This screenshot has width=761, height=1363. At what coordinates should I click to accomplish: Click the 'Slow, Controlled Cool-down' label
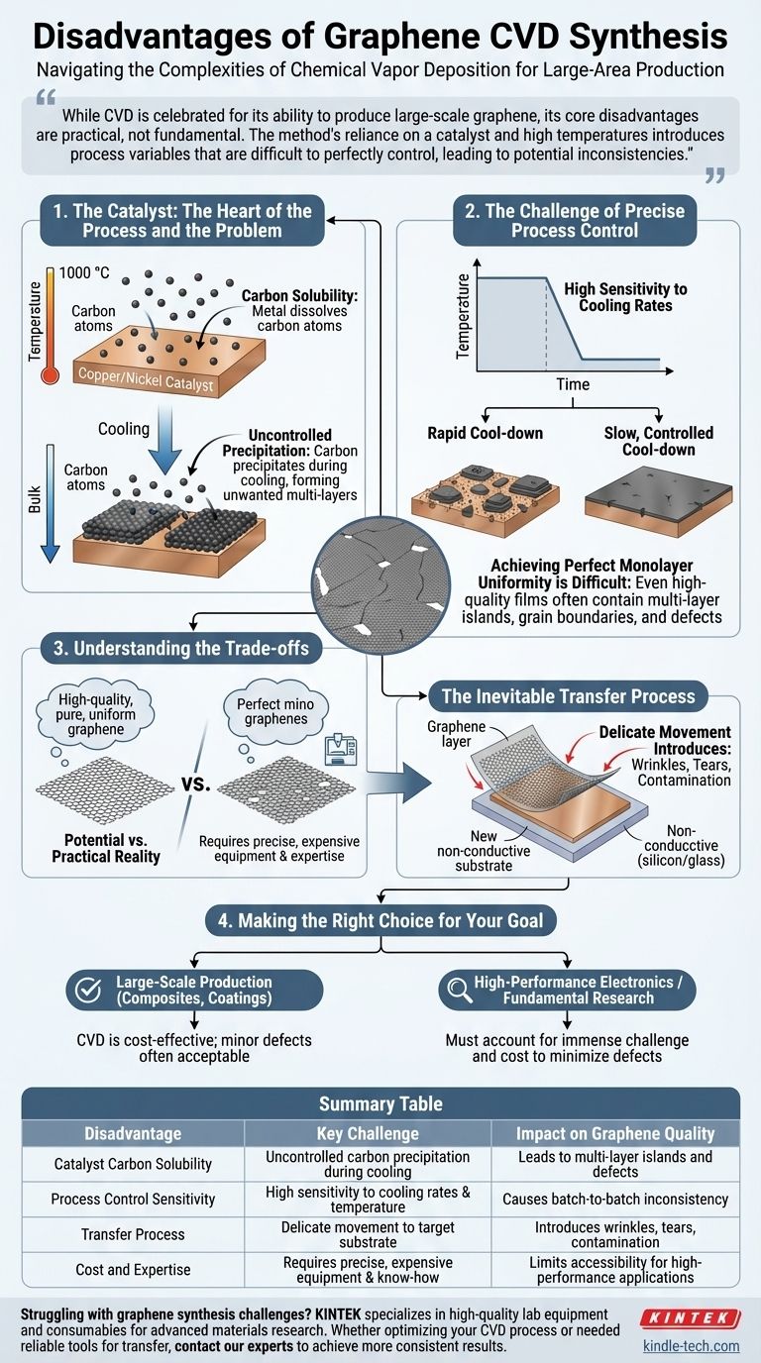pyautogui.click(x=658, y=442)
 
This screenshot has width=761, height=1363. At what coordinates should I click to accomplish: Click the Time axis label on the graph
pyautogui.click(x=572, y=384)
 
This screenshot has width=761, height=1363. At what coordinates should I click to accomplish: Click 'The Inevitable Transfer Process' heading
pyautogui.click(x=568, y=695)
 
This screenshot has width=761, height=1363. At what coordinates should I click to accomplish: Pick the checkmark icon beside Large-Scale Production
pyautogui.click(x=89, y=990)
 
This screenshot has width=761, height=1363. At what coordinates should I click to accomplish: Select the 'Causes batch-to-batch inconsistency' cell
pyautogui.click(x=615, y=1199)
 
